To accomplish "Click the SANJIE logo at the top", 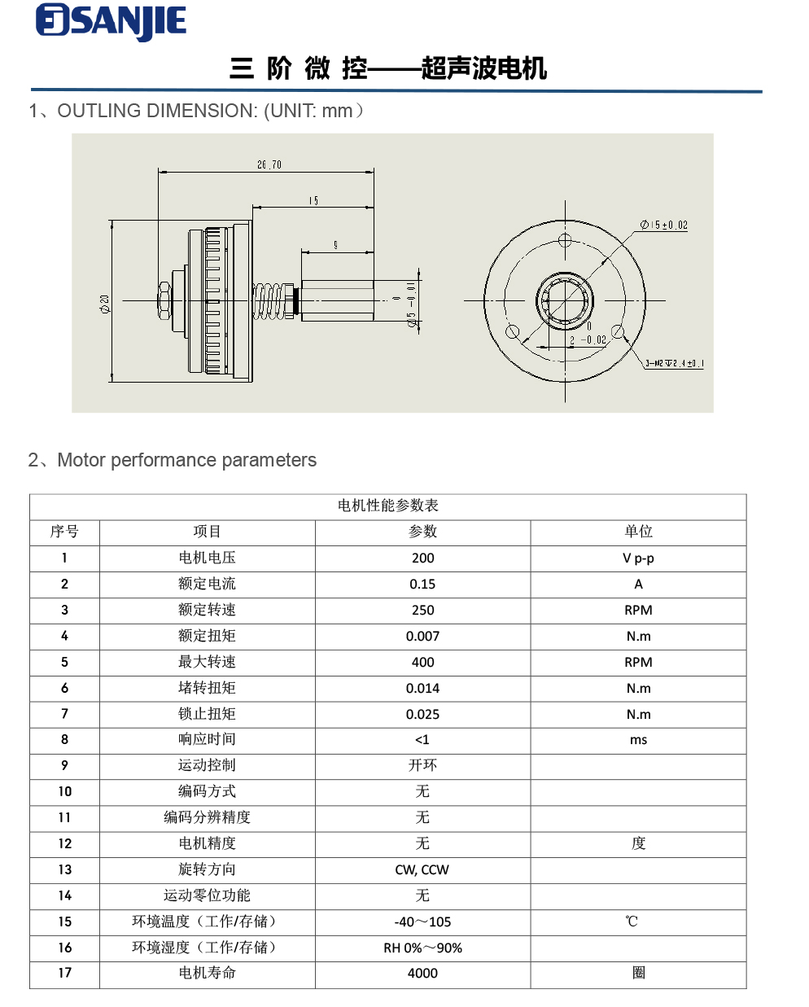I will pos(112,22).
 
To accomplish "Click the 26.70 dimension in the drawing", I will pos(269,164).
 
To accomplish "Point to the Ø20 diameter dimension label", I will pos(104,304).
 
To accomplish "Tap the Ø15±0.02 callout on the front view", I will pos(663,225).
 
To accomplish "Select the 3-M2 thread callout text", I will pos(674,363).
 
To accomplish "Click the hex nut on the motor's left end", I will pos(164,300).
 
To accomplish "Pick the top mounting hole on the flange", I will pos(566,240).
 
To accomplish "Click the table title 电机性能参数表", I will pos(388,506).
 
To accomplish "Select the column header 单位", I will pos(638,532).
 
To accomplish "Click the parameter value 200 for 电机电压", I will pos(422,558).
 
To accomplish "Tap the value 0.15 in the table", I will pos(422,584).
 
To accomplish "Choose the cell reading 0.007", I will pos(422,636).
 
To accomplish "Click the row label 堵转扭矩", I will pos(207,688).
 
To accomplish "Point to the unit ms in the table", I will pos(638,740).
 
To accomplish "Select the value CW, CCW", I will pos(422,869).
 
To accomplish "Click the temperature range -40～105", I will pos(422,922).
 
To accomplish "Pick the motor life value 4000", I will pos(422,973).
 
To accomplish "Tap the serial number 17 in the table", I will pos(64,973).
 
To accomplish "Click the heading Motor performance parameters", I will pos(186,460).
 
